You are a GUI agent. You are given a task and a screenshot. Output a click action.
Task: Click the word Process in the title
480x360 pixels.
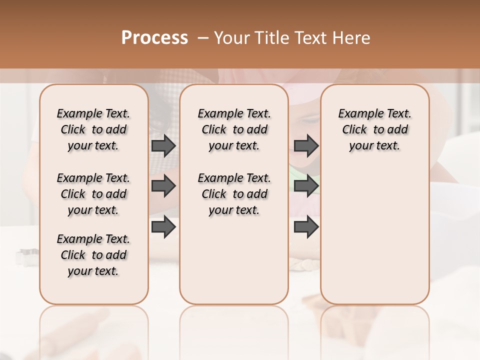(154, 38)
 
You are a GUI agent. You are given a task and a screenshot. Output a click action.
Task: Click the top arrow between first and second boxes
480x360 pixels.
(163, 145)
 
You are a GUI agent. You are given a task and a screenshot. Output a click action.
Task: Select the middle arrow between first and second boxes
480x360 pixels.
(163, 186)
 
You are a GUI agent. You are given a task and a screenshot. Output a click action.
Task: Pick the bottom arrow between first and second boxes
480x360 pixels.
(163, 226)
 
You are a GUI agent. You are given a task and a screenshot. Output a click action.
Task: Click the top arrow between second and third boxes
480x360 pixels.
(306, 145)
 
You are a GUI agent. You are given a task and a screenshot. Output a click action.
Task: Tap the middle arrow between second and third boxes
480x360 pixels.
(306, 186)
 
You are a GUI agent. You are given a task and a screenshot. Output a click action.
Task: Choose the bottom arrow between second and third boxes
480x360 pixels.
(306, 226)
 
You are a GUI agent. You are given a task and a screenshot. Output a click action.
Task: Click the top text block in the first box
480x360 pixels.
(93, 129)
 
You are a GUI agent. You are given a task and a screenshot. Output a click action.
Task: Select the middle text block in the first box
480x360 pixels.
(93, 194)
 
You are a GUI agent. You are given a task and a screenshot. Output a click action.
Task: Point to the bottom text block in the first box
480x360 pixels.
(93, 255)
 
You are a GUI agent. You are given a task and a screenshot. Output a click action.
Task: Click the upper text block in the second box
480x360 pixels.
(234, 129)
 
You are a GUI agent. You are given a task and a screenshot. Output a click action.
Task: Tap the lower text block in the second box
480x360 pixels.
(234, 194)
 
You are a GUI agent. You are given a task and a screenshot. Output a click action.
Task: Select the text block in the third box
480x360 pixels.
(374, 129)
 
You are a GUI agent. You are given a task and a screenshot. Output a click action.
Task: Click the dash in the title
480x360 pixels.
(202, 38)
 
